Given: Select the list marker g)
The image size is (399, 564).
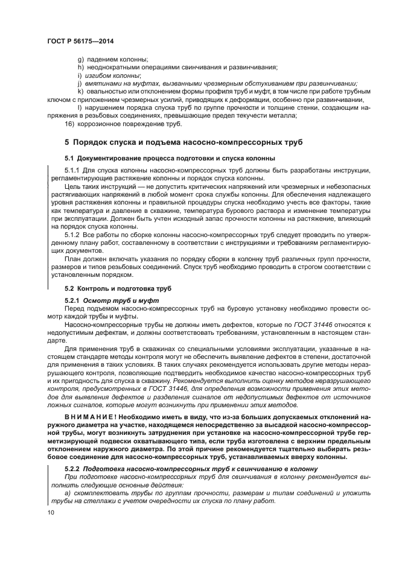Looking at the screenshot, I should coord(81,59).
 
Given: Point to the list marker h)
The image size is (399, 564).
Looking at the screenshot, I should coord(81,67).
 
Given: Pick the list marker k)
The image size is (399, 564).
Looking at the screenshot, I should coord(81,92).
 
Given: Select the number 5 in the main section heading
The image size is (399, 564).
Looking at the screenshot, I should coord(67,142).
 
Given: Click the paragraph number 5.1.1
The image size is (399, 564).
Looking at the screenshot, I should coord(72,171).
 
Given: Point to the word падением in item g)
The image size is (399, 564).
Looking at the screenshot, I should coord(103,59).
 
